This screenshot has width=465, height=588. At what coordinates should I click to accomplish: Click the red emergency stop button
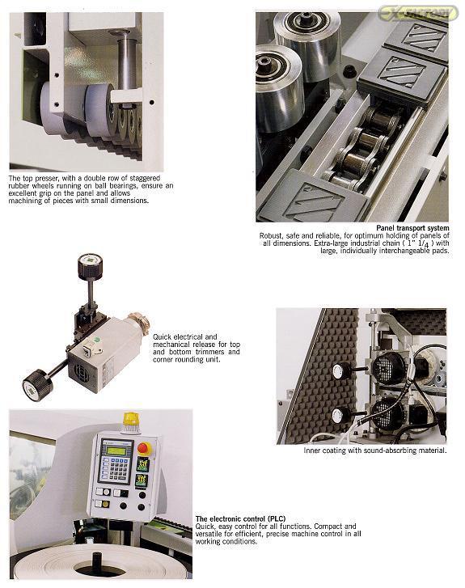(145, 448)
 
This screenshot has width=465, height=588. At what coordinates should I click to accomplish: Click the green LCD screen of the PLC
(116, 448)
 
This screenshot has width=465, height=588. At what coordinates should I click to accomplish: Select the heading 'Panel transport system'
(412, 228)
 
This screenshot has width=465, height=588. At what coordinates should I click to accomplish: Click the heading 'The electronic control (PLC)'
(240, 519)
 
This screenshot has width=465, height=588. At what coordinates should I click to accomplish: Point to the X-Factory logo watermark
(418, 14)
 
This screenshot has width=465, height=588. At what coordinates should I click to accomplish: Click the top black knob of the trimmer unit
(90, 266)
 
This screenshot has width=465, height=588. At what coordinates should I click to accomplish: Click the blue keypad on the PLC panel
(116, 467)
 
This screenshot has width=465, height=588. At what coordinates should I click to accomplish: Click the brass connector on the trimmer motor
(138, 323)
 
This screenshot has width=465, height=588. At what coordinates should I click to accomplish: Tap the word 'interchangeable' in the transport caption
(408, 251)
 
